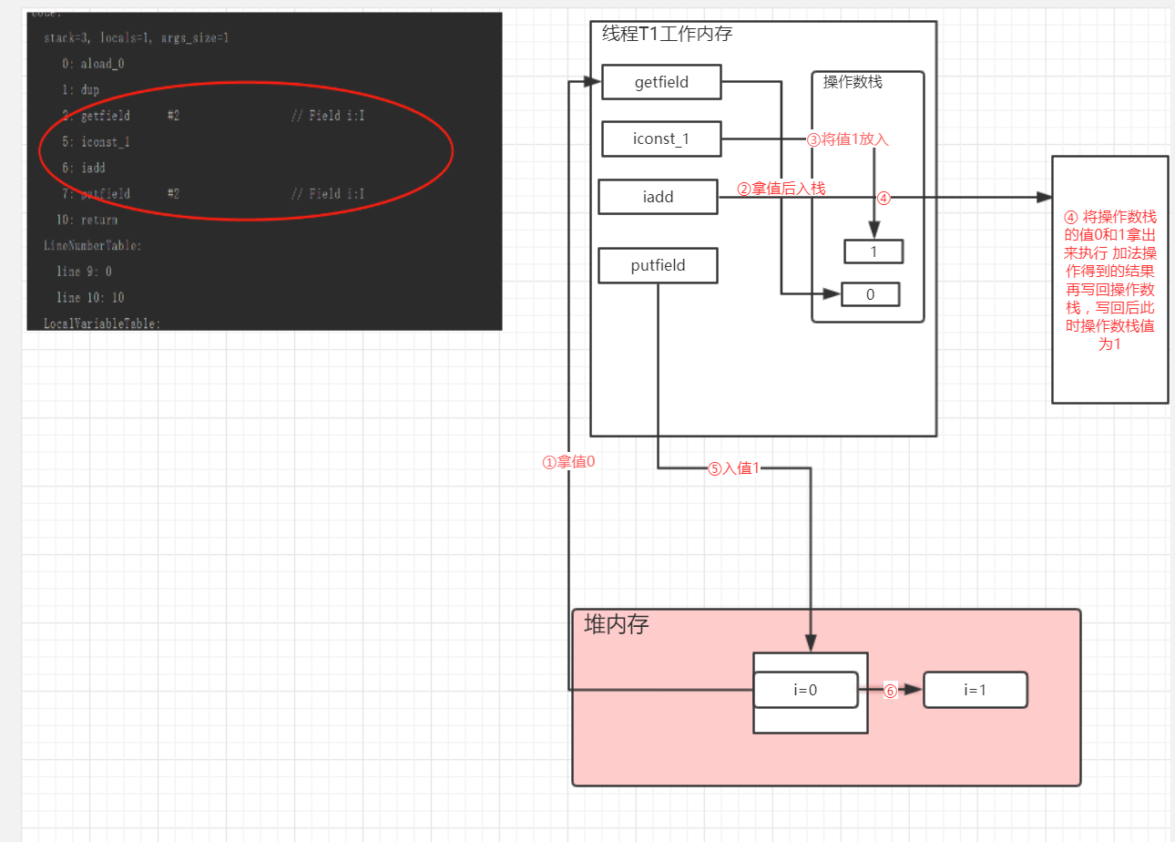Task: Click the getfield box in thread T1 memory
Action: [x=661, y=82]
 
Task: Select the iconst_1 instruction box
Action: [x=661, y=139]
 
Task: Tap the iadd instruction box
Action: [x=658, y=197]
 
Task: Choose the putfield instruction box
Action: [x=658, y=266]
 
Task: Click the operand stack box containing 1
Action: [x=873, y=252]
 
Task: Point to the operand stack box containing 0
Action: [x=870, y=294]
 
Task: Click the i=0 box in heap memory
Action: [x=805, y=690]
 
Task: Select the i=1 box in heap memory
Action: [x=975, y=690]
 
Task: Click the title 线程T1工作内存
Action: [x=667, y=35]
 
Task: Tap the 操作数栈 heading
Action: [x=853, y=82]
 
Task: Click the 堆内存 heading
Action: [x=616, y=625]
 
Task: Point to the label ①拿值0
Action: [x=568, y=462]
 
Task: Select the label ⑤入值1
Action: [x=733, y=469]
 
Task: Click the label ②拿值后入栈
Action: [x=781, y=189]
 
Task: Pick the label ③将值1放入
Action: [x=847, y=139]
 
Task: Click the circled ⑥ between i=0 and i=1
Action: [x=890, y=691]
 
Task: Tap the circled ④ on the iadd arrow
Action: [x=883, y=198]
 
